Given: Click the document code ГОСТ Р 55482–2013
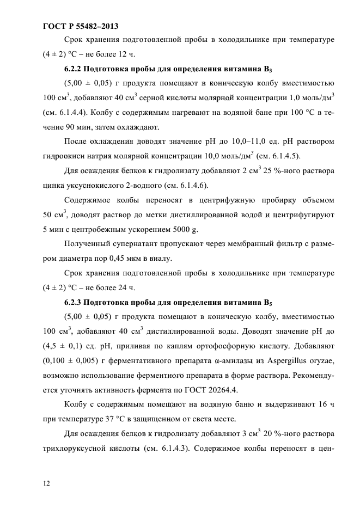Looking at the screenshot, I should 80,26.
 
